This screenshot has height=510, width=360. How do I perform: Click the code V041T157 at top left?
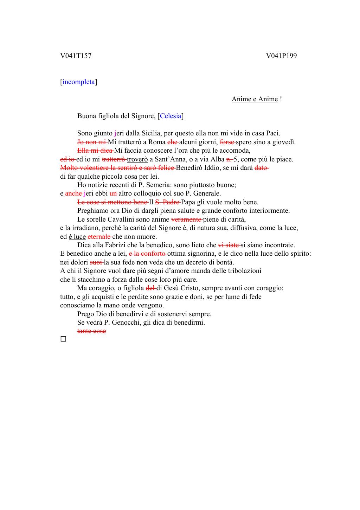[76, 56]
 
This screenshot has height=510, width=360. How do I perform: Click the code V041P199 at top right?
[281, 56]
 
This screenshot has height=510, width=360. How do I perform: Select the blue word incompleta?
[79, 82]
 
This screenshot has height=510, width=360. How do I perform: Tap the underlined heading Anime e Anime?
[255, 99]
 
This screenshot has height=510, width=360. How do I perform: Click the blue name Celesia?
[171, 116]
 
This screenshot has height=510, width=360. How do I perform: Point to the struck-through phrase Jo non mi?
[92, 142]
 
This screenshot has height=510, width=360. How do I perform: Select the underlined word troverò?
[137, 159]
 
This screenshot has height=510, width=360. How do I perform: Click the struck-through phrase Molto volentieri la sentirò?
[105, 168]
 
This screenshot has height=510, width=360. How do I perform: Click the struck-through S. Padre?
[167, 202]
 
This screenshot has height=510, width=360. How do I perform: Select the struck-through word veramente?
[186, 219]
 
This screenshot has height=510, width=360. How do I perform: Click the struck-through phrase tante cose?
[91, 331]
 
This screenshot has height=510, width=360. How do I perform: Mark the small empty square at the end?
[63, 339]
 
